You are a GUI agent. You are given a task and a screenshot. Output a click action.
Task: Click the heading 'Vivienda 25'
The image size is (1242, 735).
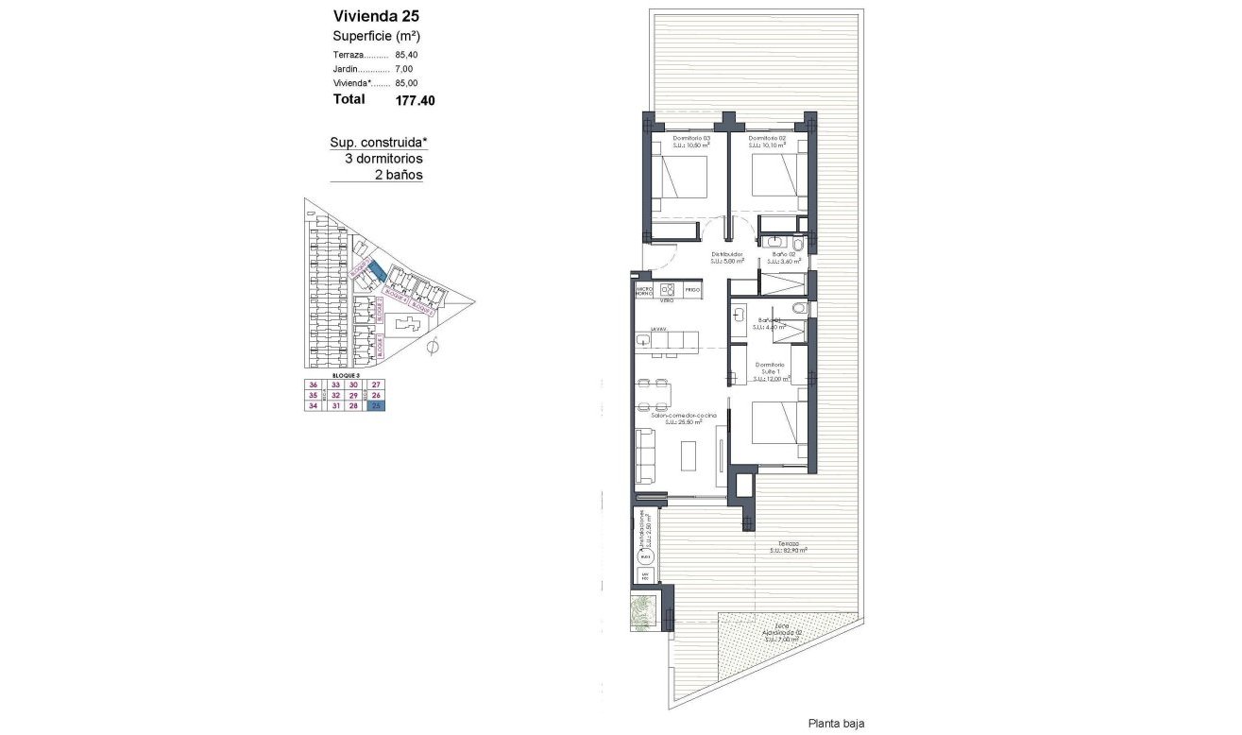click(376, 15)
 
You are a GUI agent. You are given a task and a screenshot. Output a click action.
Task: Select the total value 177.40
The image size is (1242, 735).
click(416, 99)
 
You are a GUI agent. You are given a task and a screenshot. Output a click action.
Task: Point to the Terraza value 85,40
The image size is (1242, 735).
click(406, 55)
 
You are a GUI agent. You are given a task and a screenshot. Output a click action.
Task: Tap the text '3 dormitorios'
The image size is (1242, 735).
click(383, 159)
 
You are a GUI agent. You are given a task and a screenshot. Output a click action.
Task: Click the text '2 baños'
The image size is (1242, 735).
click(399, 175)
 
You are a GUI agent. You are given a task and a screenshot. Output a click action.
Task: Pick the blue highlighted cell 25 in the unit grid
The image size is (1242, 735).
click(377, 406)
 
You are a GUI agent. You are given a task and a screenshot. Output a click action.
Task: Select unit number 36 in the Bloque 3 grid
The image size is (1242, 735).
click(312, 385)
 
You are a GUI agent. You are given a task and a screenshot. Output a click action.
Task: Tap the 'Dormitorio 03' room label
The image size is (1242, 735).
click(690, 139)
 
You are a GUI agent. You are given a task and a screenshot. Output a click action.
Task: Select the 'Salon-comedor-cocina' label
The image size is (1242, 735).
click(684, 416)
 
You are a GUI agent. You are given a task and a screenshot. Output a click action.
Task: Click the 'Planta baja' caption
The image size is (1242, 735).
click(836, 723)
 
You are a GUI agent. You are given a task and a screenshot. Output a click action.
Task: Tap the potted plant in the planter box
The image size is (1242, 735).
click(645, 612)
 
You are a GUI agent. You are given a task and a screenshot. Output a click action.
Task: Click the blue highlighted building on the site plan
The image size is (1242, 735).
click(376, 271)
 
